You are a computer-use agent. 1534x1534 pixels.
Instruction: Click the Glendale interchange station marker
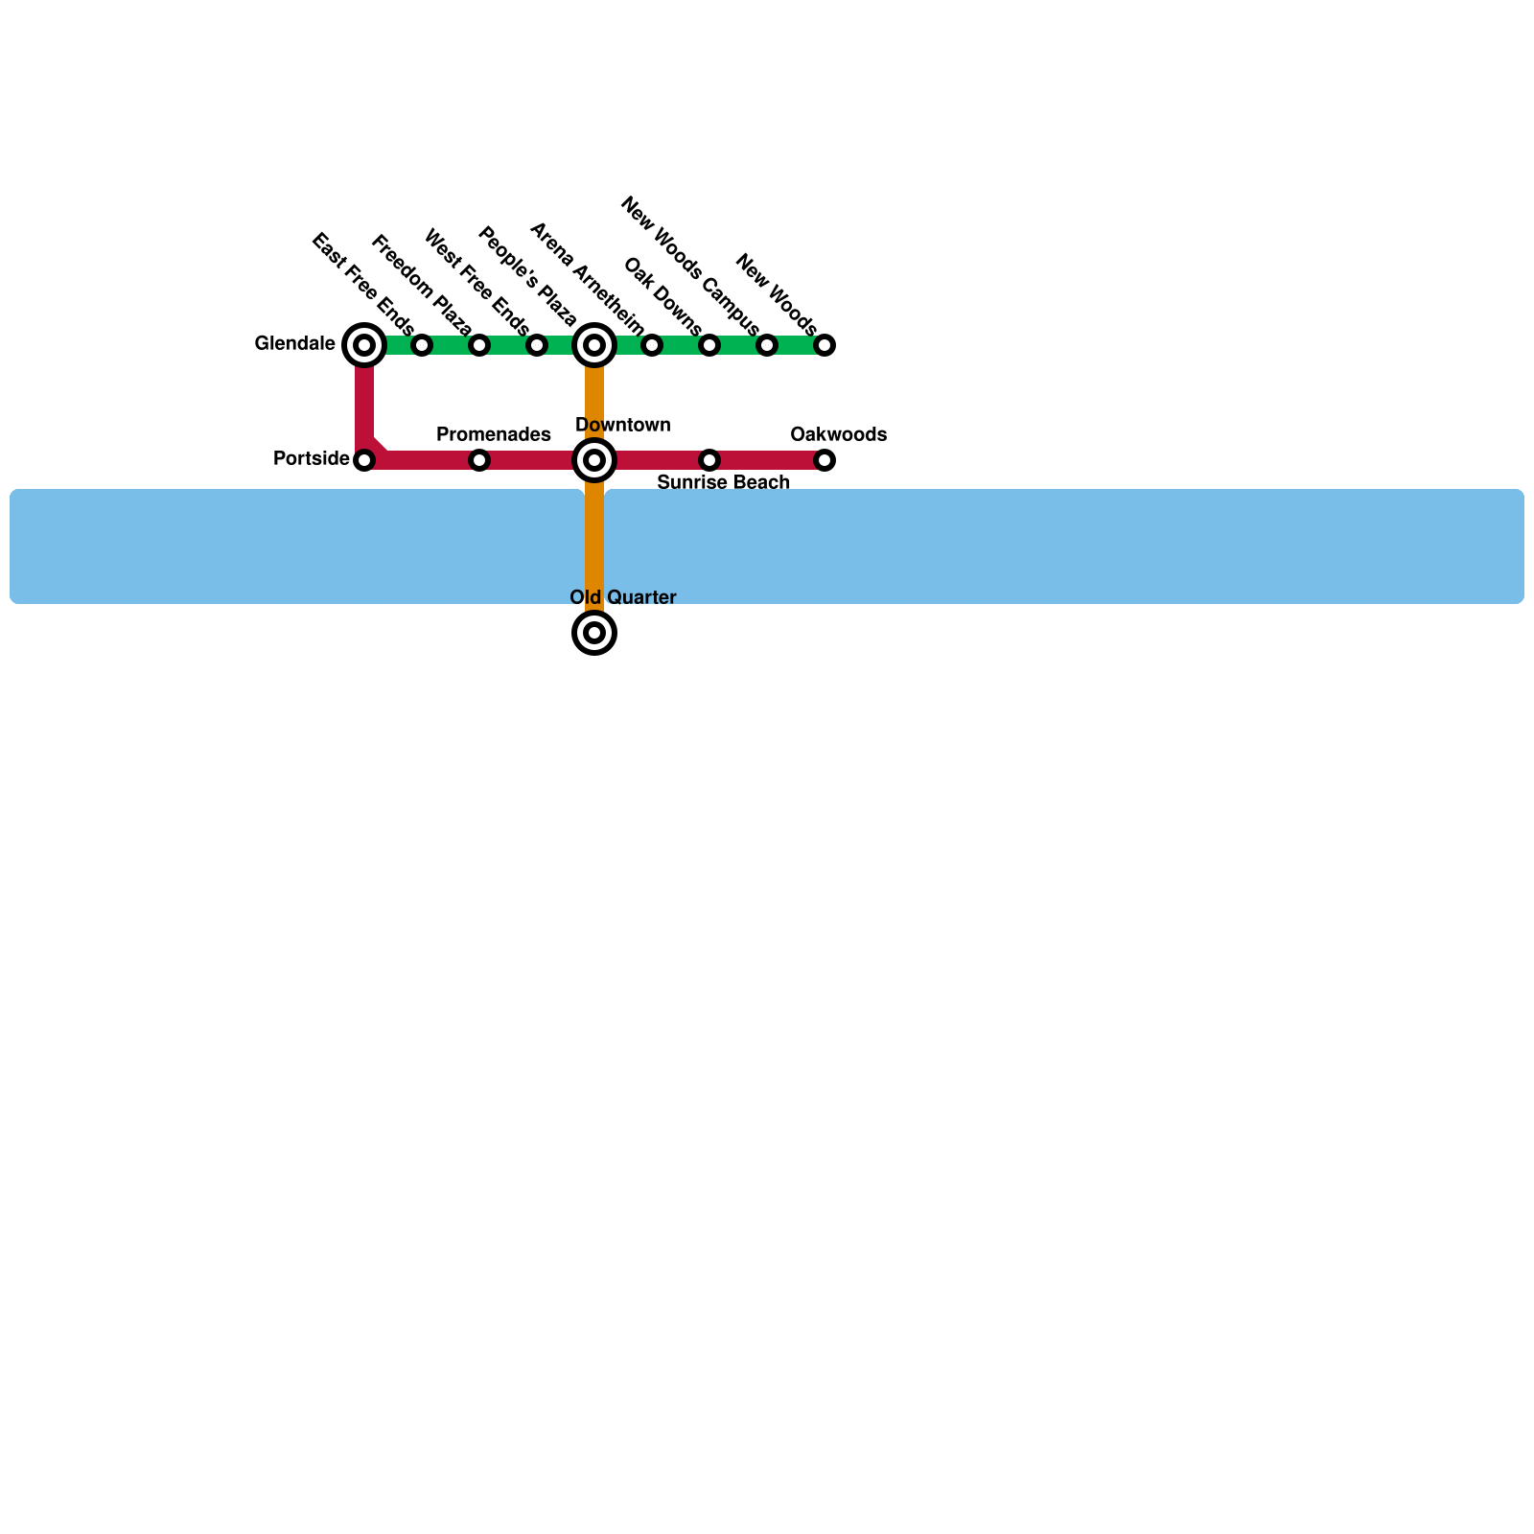point(364,345)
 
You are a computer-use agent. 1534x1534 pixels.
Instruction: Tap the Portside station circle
point(364,460)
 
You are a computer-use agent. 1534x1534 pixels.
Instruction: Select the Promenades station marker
point(479,460)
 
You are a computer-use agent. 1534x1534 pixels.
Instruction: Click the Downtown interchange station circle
point(594,460)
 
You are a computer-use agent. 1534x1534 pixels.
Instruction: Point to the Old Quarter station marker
point(594,633)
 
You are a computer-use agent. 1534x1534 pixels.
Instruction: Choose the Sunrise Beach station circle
point(709,460)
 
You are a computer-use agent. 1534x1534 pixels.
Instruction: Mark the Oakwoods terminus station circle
point(825,460)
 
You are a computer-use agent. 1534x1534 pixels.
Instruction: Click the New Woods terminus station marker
point(825,345)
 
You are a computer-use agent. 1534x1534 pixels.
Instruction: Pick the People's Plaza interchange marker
point(594,345)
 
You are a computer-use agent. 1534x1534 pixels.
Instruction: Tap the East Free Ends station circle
point(422,345)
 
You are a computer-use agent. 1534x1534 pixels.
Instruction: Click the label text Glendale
point(294,343)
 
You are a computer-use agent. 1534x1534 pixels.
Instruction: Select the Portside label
point(311,458)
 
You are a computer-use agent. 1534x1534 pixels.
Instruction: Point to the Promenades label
point(493,434)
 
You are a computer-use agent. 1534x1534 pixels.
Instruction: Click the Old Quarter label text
point(622,597)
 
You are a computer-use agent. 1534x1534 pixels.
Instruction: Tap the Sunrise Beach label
point(723,482)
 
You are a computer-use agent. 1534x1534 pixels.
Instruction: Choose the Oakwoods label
point(838,434)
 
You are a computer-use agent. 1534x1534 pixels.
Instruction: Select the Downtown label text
point(622,425)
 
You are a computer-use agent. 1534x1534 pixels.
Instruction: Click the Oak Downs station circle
point(709,345)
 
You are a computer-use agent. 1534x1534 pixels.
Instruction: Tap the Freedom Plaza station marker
point(479,345)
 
